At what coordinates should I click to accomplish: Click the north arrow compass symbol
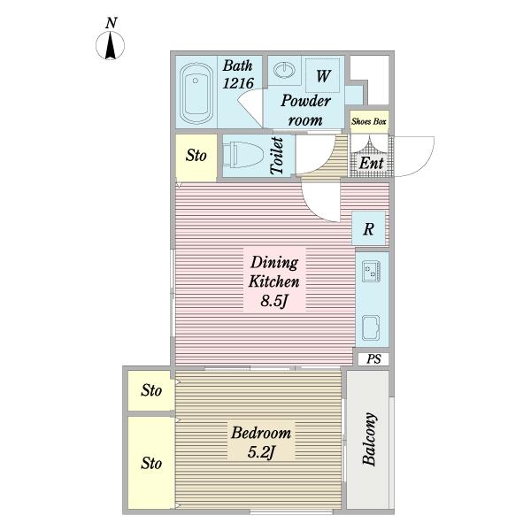110,45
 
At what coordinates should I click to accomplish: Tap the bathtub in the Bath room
196,93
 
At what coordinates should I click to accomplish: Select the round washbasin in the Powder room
284,71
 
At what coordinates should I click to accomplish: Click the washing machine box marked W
323,75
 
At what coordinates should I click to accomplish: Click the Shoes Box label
369,121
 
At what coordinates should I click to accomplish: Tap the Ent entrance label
371,163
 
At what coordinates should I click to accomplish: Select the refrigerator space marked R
369,228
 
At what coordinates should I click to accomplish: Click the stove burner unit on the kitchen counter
371,271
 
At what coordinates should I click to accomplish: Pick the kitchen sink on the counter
371,327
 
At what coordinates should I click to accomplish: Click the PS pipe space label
373,359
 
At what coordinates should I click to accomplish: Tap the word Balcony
369,439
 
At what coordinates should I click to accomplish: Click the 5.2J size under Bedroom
261,452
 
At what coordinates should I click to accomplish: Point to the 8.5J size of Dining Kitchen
274,300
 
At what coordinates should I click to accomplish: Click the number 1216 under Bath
238,83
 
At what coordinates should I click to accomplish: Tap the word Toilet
277,156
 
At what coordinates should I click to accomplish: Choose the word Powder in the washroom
306,101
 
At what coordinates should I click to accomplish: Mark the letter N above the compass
112,23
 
